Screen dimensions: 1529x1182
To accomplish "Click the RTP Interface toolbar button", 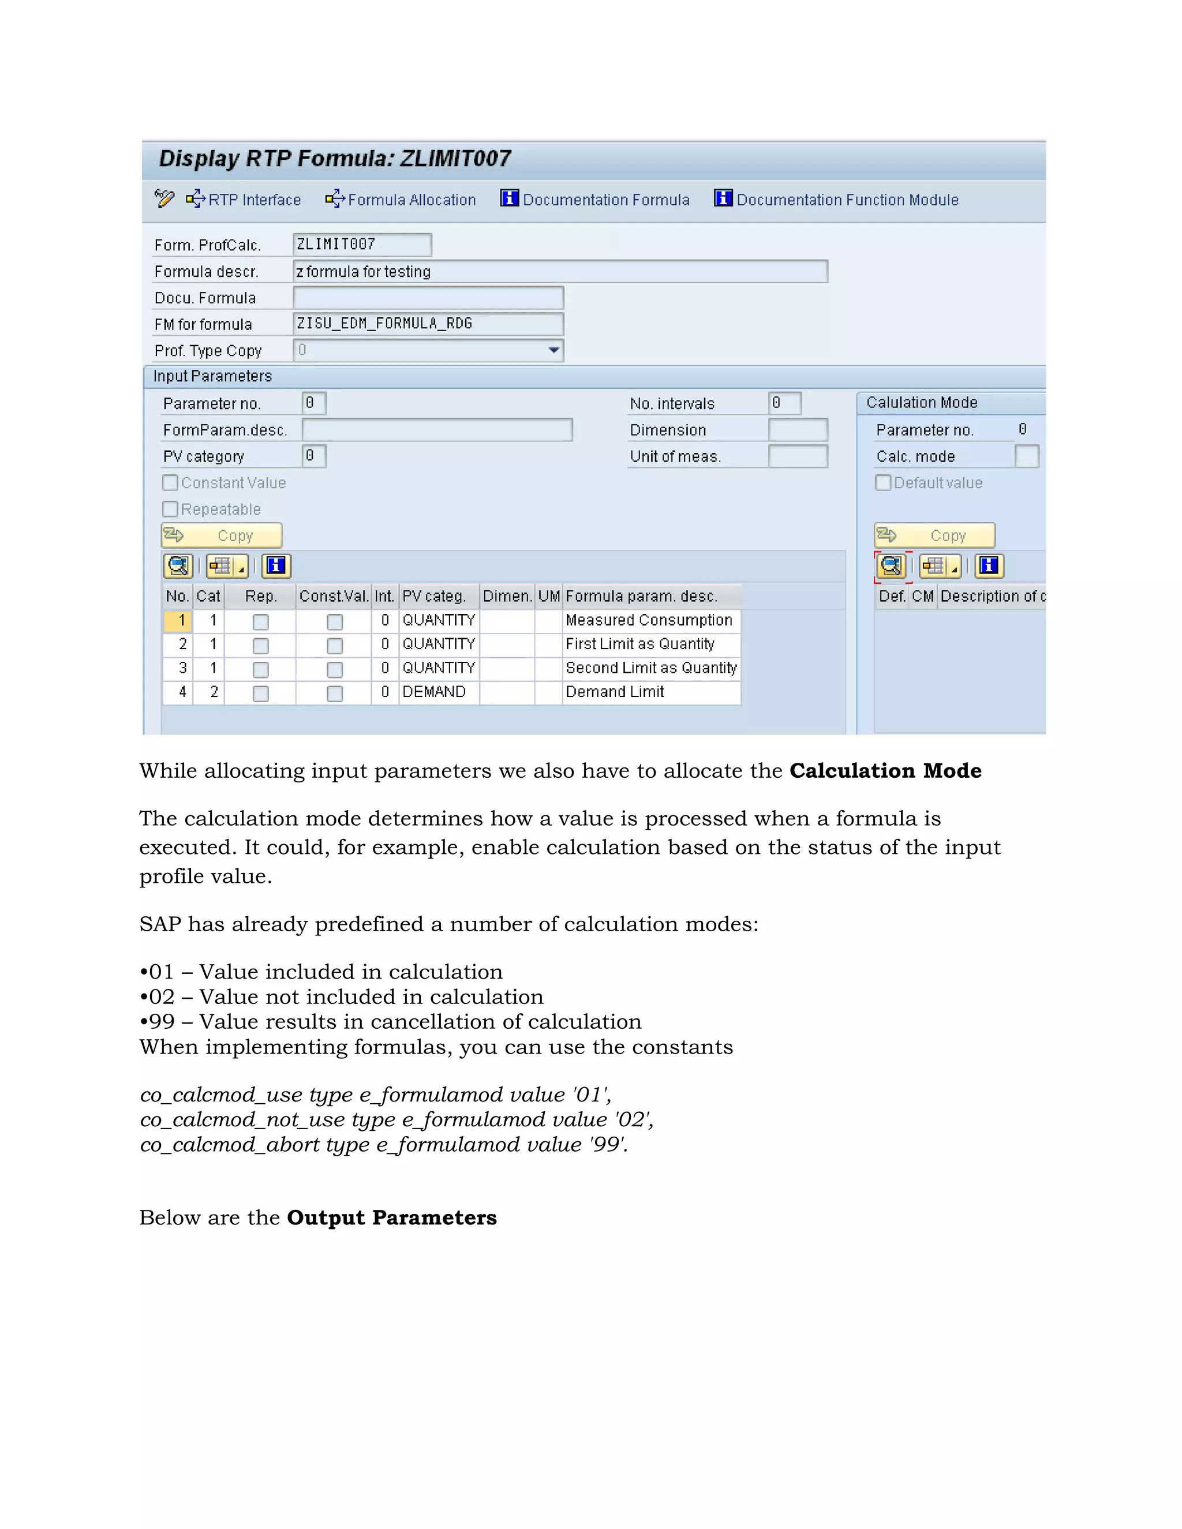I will (244, 200).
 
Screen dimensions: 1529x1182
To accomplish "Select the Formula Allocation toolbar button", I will (401, 200).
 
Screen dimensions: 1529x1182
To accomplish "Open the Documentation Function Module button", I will (836, 200).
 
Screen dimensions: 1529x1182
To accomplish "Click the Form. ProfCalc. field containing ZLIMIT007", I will (361, 244).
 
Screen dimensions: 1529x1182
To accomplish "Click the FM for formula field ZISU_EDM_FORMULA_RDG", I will (427, 324).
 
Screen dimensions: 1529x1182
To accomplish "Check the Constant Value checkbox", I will (170, 482).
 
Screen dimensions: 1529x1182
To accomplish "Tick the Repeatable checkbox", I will (170, 509).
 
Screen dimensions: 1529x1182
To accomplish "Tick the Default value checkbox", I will (884, 482).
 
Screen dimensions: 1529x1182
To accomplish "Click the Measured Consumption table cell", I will (649, 620).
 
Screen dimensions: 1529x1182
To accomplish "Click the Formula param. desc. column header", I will (641, 596).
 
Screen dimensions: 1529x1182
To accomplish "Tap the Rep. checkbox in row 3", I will (260, 669).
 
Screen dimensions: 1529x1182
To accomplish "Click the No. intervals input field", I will (784, 403).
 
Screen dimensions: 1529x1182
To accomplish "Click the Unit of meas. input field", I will (798, 456).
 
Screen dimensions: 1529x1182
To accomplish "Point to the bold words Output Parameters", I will (391, 1217).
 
